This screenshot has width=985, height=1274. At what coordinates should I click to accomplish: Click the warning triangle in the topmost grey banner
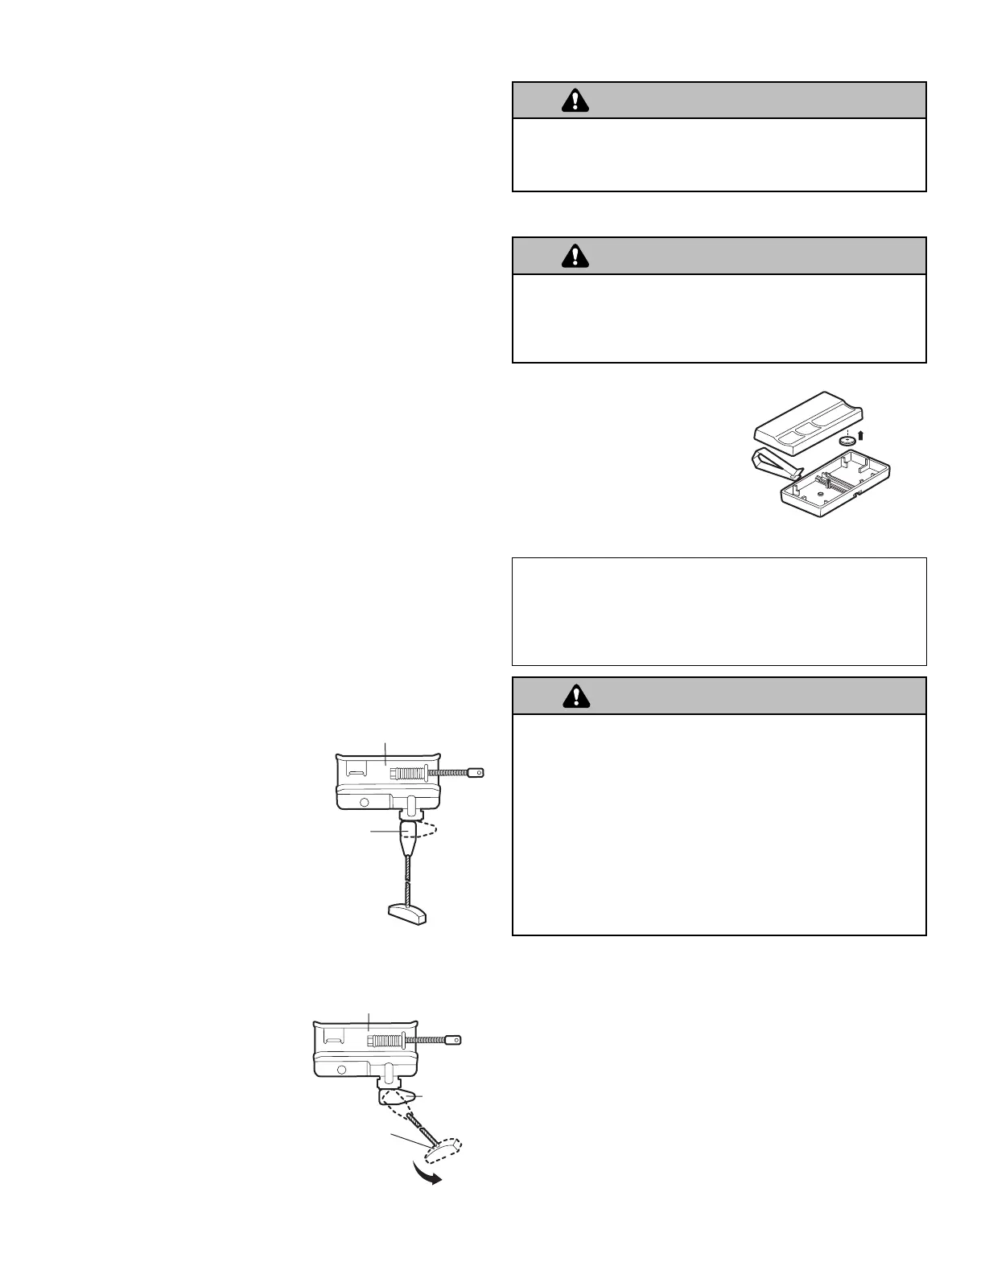(575, 100)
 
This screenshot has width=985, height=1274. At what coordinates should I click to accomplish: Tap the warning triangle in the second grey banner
(575, 255)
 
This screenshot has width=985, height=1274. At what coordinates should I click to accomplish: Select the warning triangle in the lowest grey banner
(575, 695)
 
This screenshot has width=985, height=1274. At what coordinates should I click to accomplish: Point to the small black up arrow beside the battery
(861, 436)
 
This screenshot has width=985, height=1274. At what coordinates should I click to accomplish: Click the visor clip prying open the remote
(774, 464)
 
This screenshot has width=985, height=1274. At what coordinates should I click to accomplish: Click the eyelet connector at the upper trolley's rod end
(477, 773)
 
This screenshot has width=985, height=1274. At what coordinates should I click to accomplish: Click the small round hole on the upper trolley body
(364, 802)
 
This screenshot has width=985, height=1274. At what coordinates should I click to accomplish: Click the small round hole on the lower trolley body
(342, 1070)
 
